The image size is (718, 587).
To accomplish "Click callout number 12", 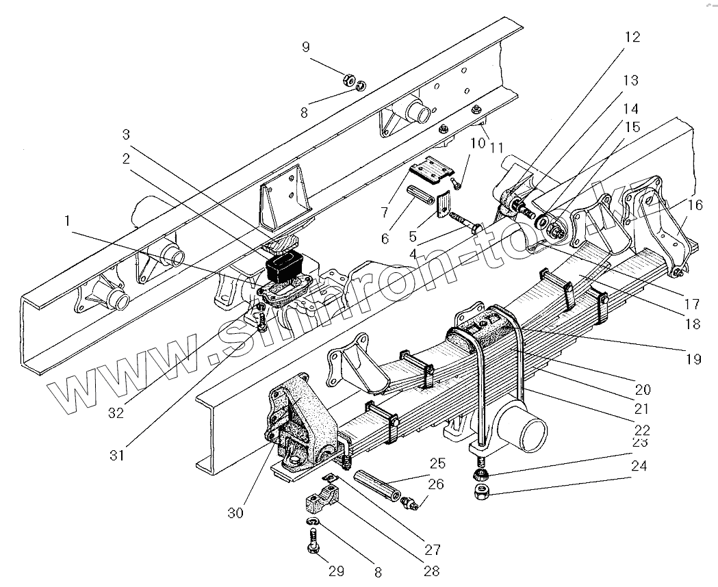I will [632, 37].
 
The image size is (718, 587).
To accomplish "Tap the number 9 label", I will [306, 47].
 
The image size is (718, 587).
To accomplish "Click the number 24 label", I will [639, 467].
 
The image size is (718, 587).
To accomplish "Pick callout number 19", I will [693, 358].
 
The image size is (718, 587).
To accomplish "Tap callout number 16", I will [694, 205].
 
